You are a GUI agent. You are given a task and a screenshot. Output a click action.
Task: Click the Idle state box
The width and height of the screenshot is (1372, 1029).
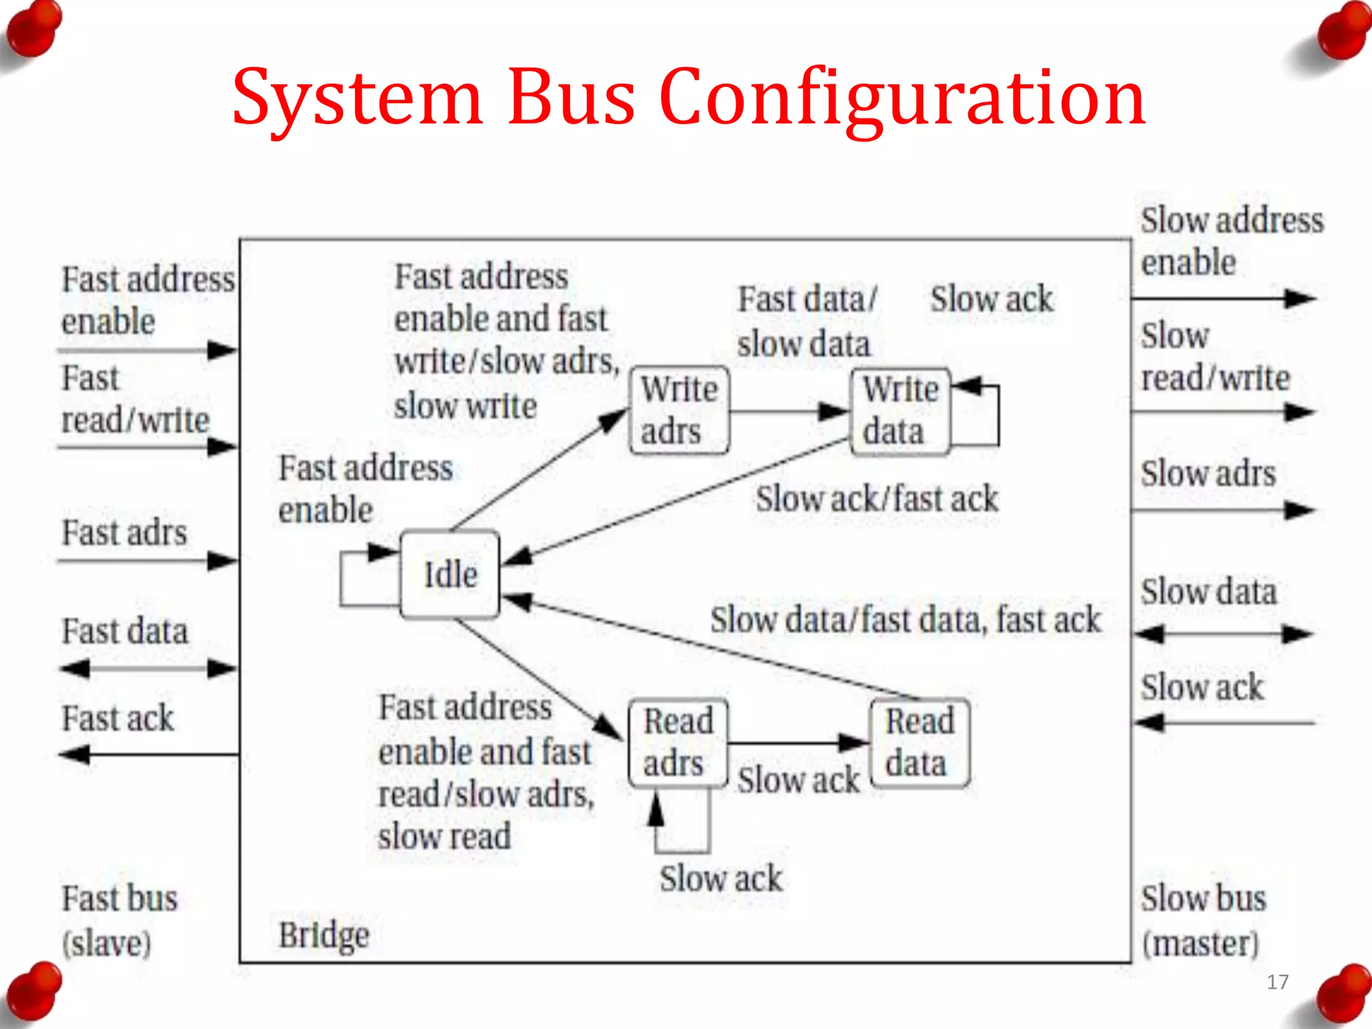pyautogui.click(x=450, y=574)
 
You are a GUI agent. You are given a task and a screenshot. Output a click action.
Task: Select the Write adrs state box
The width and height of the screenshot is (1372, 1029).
pyautogui.click(x=679, y=410)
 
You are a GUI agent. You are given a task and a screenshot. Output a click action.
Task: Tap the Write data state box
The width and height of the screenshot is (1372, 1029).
pyautogui.click(x=900, y=411)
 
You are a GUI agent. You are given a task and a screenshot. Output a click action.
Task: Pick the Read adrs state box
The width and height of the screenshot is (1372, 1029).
pyautogui.click(x=678, y=742)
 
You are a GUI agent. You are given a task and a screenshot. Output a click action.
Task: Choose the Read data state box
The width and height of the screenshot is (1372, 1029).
pyautogui.click(x=919, y=742)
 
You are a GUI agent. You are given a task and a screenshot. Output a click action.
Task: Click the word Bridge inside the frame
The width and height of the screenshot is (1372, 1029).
pyautogui.click(x=324, y=935)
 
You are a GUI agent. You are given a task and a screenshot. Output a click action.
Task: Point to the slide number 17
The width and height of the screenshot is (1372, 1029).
pyautogui.click(x=1278, y=982)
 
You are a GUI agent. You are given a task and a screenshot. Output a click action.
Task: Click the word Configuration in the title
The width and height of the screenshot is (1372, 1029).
pyautogui.click(x=902, y=98)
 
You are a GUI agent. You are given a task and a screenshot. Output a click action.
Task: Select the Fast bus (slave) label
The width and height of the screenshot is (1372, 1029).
pyautogui.click(x=119, y=920)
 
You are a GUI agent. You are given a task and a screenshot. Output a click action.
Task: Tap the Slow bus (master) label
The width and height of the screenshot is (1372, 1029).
pyautogui.click(x=1203, y=920)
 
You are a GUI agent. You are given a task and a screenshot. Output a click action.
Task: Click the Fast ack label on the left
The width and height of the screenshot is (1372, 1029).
pyautogui.click(x=118, y=718)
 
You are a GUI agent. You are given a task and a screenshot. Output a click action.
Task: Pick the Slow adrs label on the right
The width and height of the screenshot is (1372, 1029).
pyautogui.click(x=1208, y=474)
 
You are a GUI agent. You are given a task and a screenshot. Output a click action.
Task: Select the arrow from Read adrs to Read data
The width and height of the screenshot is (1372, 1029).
pyautogui.click(x=797, y=742)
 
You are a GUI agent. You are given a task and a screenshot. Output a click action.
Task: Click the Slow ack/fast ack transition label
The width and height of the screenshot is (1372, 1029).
pyautogui.click(x=876, y=499)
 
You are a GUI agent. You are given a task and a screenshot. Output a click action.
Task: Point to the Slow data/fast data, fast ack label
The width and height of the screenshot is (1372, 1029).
pyautogui.click(x=905, y=620)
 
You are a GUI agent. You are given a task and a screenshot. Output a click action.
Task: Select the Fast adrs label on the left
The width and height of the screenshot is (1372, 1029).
pyautogui.click(x=125, y=533)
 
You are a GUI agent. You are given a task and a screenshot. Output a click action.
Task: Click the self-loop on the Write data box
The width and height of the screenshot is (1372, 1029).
pyautogui.click(x=997, y=415)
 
